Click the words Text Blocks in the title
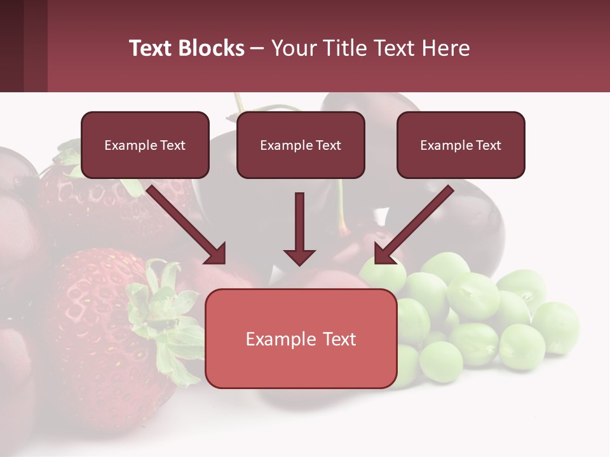click(187, 48)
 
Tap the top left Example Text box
click(145, 145)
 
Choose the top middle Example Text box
click(301, 145)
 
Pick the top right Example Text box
click(461, 145)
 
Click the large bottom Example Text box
click(301, 339)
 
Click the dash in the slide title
click(257, 49)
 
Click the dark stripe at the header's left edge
click(11, 46)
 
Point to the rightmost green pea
click(556, 327)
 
